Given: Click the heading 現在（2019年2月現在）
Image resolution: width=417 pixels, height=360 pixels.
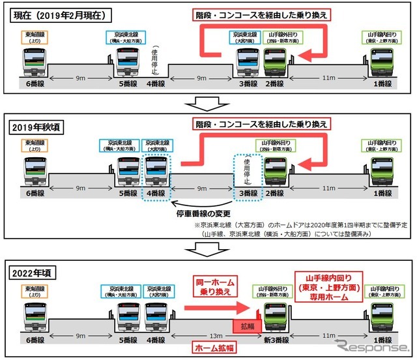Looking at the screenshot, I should (59, 13).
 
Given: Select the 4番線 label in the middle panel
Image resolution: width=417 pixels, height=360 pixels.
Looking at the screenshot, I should (156, 194).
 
